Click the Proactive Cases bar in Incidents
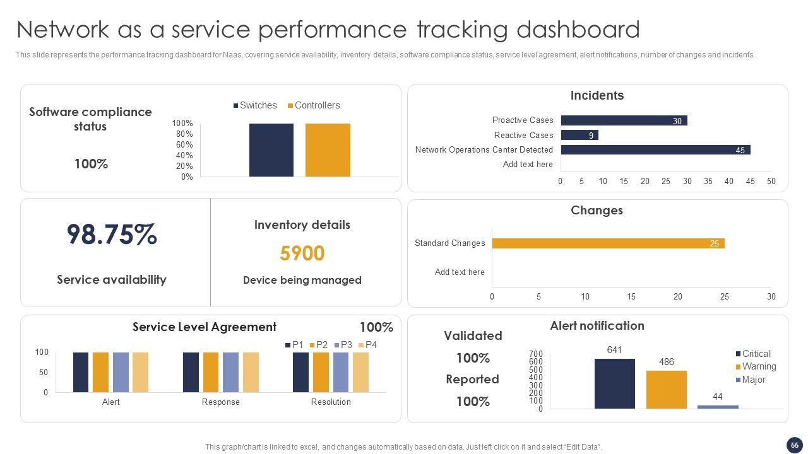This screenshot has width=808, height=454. click(x=624, y=120)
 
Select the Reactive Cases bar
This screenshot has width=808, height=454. click(x=579, y=135)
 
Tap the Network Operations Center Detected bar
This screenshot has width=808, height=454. click(x=655, y=150)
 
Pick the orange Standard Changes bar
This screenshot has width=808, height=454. click(x=608, y=243)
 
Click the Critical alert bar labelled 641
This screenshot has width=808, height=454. click(x=614, y=383)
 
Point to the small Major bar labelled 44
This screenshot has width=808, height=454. click(x=718, y=407)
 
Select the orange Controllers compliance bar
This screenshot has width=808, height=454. click(x=328, y=150)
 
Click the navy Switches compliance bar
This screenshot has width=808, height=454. click(x=271, y=150)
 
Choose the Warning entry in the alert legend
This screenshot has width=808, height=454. click(x=755, y=366)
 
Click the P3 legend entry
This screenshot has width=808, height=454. click(x=342, y=345)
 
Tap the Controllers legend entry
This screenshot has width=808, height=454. click(x=314, y=105)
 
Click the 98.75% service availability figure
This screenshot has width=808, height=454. click(x=112, y=235)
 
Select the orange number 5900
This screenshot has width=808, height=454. click(x=302, y=253)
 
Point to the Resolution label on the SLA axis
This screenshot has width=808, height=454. click(x=331, y=402)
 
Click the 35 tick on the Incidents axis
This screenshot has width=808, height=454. click(x=708, y=182)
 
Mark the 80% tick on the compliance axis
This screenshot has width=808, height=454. click(x=184, y=134)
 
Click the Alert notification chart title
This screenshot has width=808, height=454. click(x=597, y=325)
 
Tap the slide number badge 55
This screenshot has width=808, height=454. click(x=795, y=445)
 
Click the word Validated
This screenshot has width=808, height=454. click(x=473, y=335)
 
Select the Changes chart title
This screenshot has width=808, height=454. click(x=597, y=210)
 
